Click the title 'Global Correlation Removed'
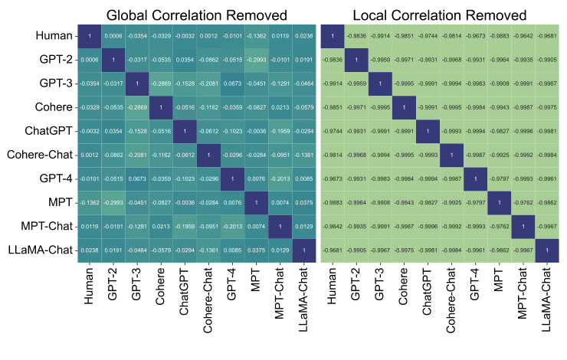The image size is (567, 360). click(x=197, y=15)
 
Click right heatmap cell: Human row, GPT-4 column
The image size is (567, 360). click(x=476, y=35)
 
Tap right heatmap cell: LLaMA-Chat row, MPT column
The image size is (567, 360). click(x=500, y=250)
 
